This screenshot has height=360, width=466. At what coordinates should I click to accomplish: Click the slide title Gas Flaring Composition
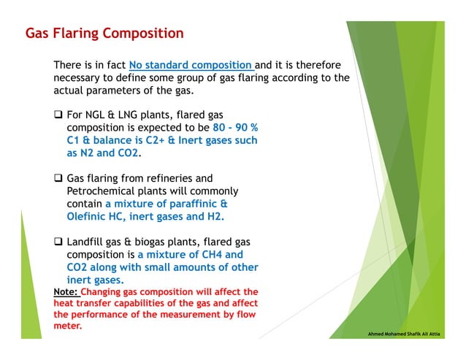tap(104, 34)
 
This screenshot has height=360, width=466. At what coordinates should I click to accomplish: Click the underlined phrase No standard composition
tap(190, 65)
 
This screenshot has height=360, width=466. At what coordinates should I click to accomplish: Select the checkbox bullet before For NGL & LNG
tap(58, 115)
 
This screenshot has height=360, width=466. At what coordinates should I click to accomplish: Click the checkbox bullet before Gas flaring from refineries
tap(58, 178)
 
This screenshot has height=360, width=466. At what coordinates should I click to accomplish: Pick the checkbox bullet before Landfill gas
tap(58, 242)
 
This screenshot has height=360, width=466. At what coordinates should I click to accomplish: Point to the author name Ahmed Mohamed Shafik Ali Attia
tap(414, 333)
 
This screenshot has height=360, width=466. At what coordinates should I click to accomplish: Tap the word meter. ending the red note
tap(67, 326)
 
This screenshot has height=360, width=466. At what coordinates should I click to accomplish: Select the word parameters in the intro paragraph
tap(162, 91)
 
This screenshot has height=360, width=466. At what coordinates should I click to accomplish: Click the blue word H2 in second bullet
tap(215, 217)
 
